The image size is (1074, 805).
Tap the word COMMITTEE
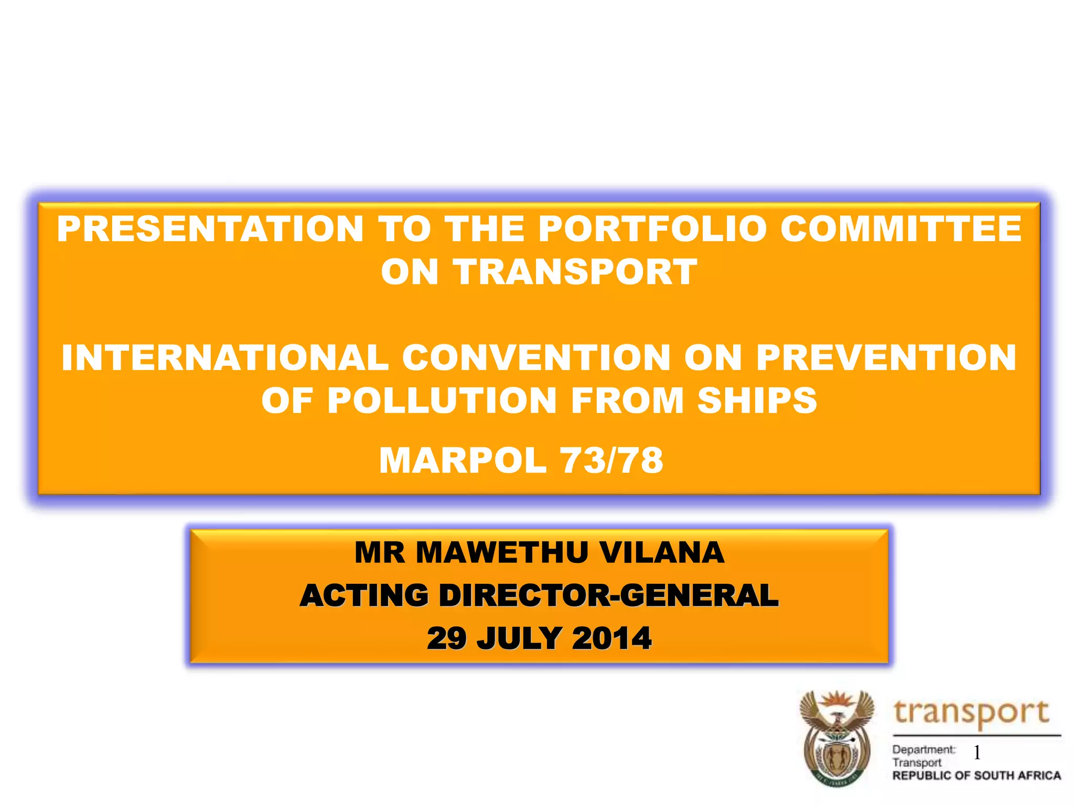901,229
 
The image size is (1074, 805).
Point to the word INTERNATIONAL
225,358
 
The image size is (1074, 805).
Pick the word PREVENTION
886,358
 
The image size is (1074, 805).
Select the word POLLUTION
442,401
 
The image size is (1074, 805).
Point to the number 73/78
612,461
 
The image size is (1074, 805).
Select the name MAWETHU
502,552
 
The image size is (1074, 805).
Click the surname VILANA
662,552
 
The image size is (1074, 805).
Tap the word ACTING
364,596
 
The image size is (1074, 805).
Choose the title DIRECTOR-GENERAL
608,596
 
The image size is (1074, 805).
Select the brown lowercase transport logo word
971,713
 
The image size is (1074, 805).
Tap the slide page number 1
977,753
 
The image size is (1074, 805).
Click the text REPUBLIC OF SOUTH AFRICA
976,776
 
